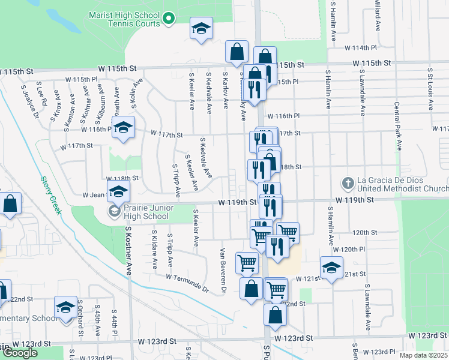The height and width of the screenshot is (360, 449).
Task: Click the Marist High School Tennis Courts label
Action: tap(124, 19)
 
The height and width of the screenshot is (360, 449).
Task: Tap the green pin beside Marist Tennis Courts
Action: tap(169, 19)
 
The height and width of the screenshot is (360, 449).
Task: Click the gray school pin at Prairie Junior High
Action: tap(113, 211)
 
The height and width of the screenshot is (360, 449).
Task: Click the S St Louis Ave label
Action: tap(430, 87)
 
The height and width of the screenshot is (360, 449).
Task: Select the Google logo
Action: tap(20, 352)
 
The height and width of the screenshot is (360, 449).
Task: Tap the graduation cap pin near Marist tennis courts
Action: tap(202, 28)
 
